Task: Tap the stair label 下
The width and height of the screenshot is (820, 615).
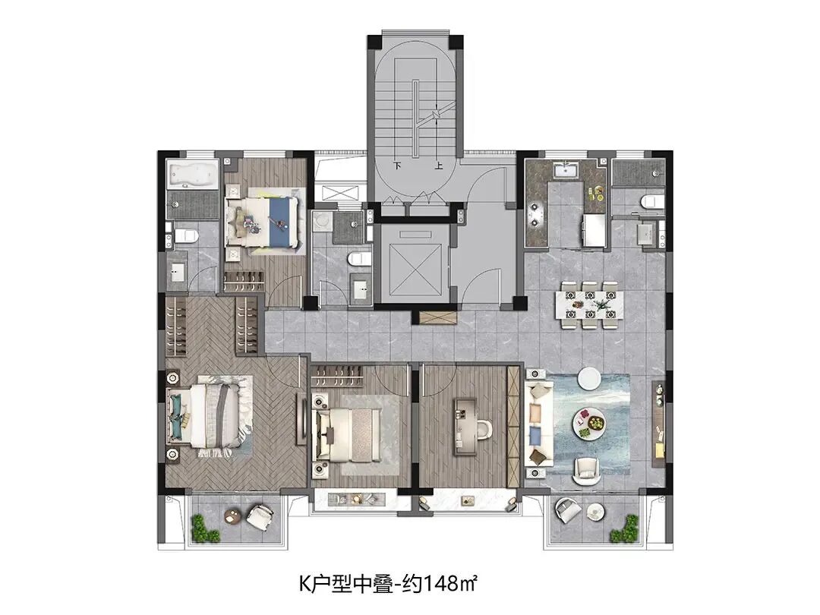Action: click(397, 166)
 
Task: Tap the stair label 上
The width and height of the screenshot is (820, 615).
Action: click(438, 166)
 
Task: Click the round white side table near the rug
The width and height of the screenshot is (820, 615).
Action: click(589, 378)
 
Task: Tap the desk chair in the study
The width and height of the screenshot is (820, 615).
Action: click(485, 428)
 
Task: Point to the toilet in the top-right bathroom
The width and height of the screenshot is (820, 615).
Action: click(651, 201)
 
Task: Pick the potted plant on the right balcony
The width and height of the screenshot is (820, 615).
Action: click(626, 529)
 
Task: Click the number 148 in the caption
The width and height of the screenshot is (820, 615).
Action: click(439, 582)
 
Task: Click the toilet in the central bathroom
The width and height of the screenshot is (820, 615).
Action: click(359, 257)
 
